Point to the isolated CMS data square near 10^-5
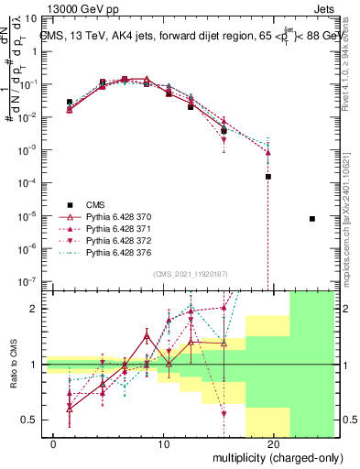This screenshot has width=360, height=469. coord(312,219)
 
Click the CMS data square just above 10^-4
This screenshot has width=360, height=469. coord(268,176)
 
